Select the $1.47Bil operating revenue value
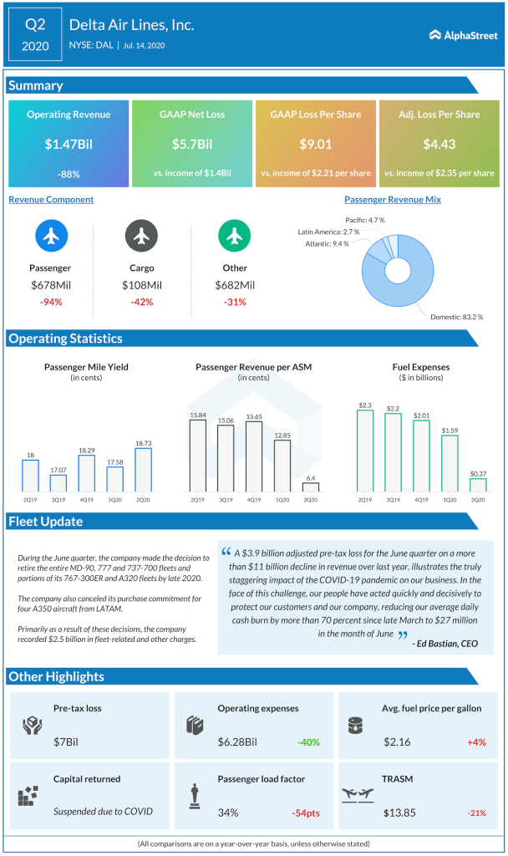[x=69, y=144]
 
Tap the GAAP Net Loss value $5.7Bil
[x=191, y=144]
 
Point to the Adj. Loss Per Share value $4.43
[x=439, y=144]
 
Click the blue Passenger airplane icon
[x=51, y=237]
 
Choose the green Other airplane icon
[x=235, y=237]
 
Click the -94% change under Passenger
[x=51, y=302]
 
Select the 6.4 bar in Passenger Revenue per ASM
[x=310, y=487]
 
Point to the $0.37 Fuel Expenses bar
[x=477, y=485]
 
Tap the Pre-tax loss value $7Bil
[x=66, y=741]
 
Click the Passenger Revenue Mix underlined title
[x=393, y=200]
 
